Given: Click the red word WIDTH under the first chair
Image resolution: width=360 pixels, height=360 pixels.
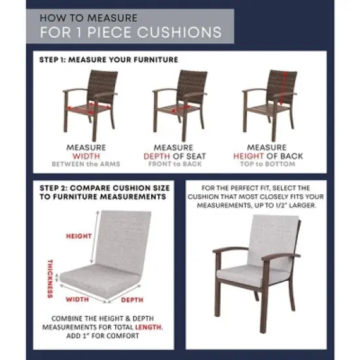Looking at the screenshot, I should point(85,156).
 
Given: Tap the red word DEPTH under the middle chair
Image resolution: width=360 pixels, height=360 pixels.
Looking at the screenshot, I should point(156,156).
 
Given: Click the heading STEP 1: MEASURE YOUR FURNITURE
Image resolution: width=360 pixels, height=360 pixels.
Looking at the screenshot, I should point(108,60).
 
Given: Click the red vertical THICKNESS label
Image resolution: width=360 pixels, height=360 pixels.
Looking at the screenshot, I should point(50,279).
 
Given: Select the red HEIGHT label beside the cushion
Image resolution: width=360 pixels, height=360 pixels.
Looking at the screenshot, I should point(78,236).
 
